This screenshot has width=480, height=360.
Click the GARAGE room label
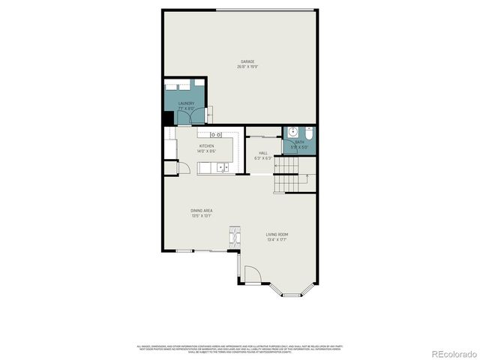click(247, 61)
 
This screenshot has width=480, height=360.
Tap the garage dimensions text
click(247, 67)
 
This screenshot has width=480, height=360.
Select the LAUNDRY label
click(186, 103)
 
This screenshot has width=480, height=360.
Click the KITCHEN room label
click(206, 146)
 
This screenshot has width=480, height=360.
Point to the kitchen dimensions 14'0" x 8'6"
click(206, 151)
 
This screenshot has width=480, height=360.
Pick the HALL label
click(262, 153)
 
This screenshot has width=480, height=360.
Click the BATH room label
click(299, 142)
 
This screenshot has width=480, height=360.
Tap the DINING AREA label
click(201, 211)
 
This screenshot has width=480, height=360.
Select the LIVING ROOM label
click(277, 235)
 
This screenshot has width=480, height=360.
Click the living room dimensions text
click(277, 240)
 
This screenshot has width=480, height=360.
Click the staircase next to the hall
click(293, 176)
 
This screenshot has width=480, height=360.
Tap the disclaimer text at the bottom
click(240, 349)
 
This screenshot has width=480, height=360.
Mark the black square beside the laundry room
click(168, 118)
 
